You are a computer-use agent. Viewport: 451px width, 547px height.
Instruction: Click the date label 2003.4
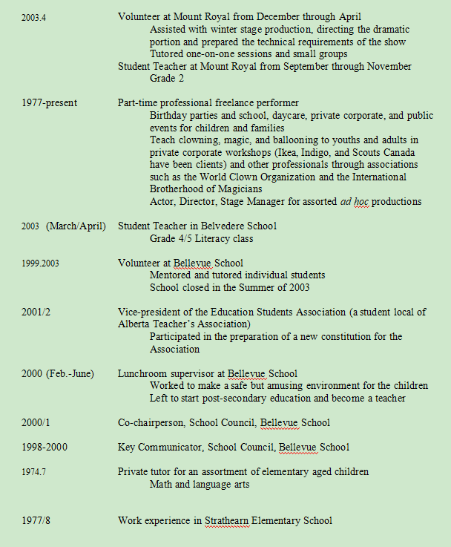coord(33,16)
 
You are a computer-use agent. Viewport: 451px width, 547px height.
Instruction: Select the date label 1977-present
coord(49,103)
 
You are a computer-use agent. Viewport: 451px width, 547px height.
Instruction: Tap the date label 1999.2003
coord(38,263)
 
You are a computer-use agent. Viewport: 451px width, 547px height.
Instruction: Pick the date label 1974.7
coord(33,471)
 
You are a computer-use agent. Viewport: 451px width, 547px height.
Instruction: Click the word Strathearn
coord(231,520)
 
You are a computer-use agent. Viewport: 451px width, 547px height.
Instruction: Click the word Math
coord(162,484)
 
